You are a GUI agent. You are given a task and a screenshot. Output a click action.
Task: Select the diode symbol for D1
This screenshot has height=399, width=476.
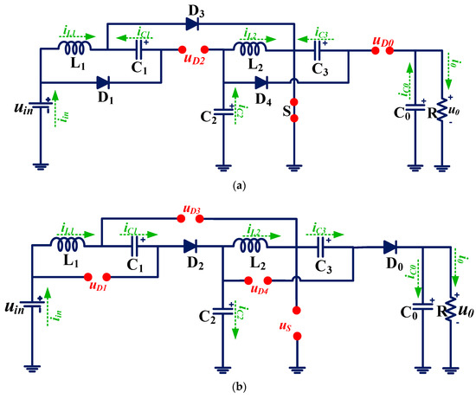pyautogui.click(x=103, y=84)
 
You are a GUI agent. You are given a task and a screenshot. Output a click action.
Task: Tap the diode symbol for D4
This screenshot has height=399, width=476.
pyautogui.click(x=260, y=84)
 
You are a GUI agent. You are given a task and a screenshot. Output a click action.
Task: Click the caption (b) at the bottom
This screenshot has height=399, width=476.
pyautogui.click(x=238, y=389)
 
